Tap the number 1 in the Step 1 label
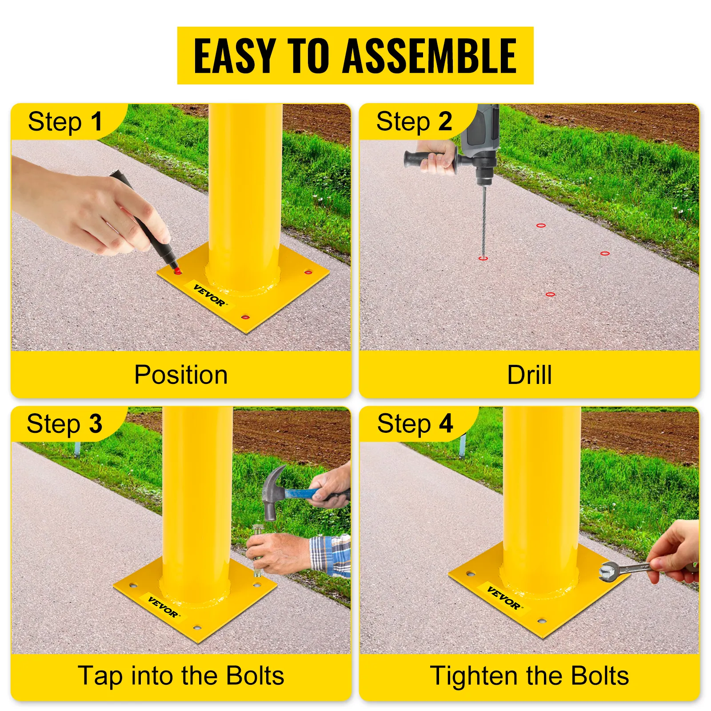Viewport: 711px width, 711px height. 96,121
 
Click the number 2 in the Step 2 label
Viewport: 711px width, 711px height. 445,121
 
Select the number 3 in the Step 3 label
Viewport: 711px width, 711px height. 96,423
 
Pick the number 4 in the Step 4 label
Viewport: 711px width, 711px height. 446,423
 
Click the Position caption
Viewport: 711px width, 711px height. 181,375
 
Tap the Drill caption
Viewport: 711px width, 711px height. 529,375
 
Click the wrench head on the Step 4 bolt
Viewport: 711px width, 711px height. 607,571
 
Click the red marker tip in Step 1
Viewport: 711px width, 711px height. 176,271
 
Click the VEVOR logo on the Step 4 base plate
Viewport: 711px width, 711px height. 504,598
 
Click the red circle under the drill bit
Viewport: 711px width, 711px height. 483,258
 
